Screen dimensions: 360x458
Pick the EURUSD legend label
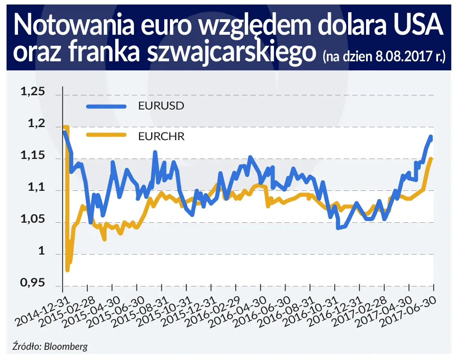[x=161, y=106]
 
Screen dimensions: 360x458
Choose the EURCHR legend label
[x=161, y=136]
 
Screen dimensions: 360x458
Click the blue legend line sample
[x=107, y=106]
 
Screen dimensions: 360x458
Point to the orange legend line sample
[x=107, y=136]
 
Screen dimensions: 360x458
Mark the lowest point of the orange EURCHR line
[x=67, y=270]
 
